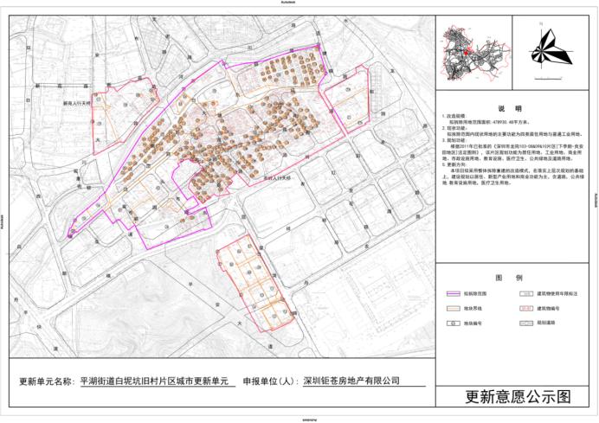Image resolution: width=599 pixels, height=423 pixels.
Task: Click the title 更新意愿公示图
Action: (x=518, y=397)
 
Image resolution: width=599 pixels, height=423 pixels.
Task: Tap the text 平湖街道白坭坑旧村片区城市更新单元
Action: (x=151, y=380)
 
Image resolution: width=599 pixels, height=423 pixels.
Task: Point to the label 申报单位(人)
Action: (x=267, y=380)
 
